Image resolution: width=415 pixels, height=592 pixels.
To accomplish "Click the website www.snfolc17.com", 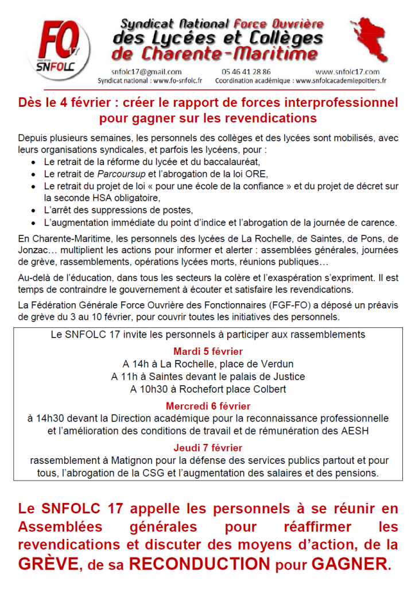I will (x=347, y=72).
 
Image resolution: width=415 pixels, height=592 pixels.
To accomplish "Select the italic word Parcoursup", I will (x=118, y=174).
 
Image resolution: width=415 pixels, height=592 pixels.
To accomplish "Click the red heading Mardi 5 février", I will (x=208, y=351).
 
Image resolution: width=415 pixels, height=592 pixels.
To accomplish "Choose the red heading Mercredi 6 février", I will (x=208, y=406).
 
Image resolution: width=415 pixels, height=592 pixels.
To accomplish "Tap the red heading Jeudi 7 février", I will (x=208, y=448).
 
